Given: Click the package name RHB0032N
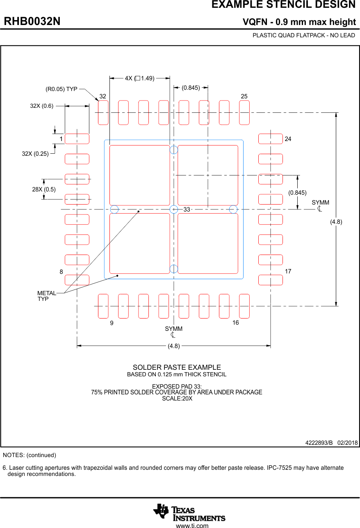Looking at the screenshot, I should [32, 22].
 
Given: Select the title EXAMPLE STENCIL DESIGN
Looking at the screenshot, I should [283, 5].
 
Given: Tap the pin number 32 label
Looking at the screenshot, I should [103, 96].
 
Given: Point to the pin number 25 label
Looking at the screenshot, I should [244, 96].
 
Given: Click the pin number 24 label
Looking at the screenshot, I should [288, 139].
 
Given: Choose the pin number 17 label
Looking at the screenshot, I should [288, 271].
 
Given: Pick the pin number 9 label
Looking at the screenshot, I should [112, 323].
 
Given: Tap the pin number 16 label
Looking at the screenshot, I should [235, 323].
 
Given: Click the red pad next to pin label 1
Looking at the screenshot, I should [77, 139].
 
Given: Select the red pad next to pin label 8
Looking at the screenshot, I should [77, 280].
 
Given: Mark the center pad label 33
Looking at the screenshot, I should [187, 209].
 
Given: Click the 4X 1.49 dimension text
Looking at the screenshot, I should [139, 78].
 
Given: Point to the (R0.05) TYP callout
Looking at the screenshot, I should [61, 89].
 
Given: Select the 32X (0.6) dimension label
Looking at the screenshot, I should [41, 106].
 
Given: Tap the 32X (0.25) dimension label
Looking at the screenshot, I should [35, 154].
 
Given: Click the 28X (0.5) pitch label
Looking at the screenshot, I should [44, 189].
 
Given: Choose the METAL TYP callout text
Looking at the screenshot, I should [46, 296].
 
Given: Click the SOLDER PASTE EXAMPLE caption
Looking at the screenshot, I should [177, 368].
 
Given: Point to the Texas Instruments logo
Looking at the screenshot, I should [189, 512].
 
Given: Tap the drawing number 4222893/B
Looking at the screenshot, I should [319, 443].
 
